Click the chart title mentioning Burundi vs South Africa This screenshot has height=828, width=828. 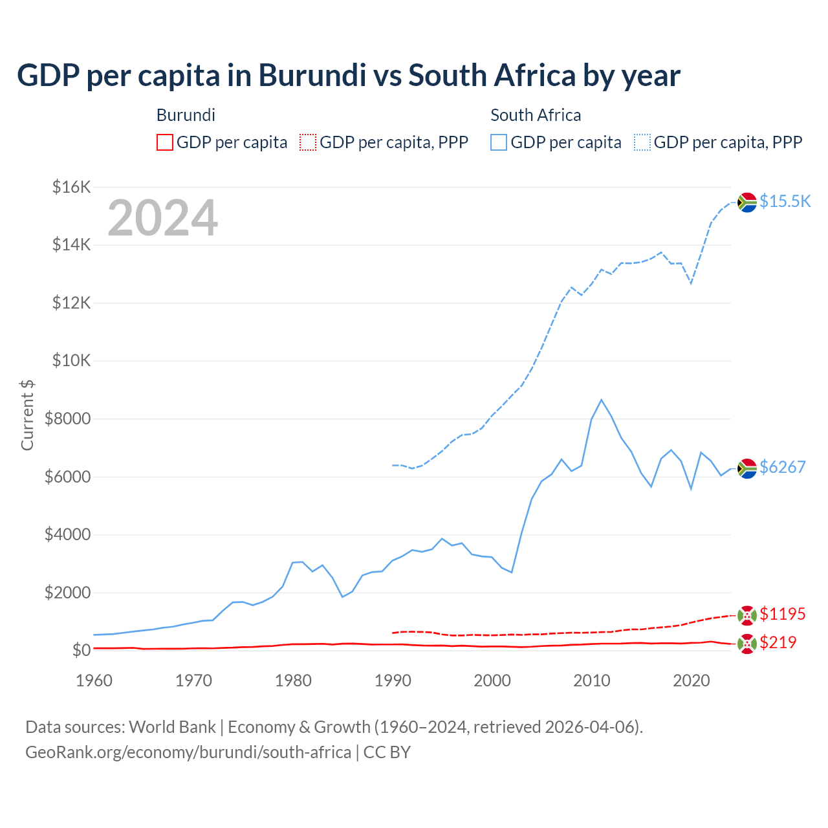(x=348, y=76)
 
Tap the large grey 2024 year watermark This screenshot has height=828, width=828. (x=162, y=218)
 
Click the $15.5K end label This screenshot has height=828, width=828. (x=785, y=201)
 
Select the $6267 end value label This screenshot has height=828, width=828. (x=782, y=467)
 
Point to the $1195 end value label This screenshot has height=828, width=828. (x=782, y=614)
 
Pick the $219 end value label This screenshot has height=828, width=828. (x=778, y=642)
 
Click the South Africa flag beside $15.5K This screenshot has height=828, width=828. (x=747, y=202)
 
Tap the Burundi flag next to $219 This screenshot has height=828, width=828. (x=747, y=644)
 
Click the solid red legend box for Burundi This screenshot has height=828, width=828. (x=165, y=142)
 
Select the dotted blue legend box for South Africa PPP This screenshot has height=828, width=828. (x=642, y=142)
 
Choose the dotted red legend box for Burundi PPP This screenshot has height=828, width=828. (x=308, y=142)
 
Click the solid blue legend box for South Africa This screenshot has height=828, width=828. (x=499, y=142)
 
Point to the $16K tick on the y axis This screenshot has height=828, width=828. (x=71, y=188)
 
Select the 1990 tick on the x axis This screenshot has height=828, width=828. (x=393, y=681)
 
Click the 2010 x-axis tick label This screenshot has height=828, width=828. (x=592, y=681)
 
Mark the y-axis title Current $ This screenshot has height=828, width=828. (x=27, y=415)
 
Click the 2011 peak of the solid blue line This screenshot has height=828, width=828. (x=601, y=400)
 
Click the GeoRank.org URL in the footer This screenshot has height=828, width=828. (x=188, y=752)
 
